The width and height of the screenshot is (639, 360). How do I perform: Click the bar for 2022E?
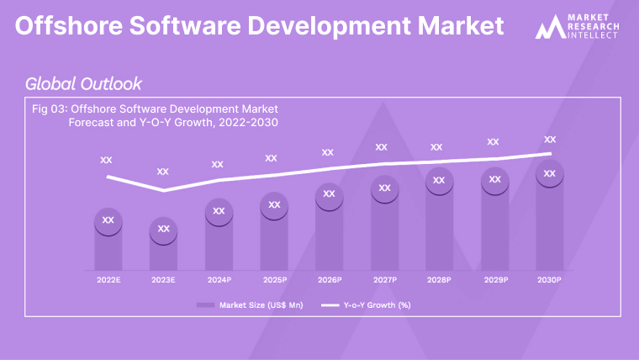click(108, 244)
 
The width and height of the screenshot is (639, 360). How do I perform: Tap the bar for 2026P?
click(329, 231)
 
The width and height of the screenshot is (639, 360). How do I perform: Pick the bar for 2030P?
click(550, 223)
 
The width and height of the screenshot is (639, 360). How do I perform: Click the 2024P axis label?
click(219, 279)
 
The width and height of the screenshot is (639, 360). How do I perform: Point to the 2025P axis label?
click(274, 279)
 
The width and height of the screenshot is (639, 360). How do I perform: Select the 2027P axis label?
click(384, 279)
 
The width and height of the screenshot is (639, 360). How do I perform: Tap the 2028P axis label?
click(439, 279)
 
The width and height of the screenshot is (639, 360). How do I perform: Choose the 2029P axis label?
click(494, 279)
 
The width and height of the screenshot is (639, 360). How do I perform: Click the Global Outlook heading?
click(83, 83)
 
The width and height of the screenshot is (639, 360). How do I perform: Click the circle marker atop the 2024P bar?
click(219, 210)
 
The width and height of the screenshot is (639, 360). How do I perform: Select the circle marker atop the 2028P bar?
click(439, 180)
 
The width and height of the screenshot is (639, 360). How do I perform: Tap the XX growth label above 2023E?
click(163, 172)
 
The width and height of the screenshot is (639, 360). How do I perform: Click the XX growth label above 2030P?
click(550, 140)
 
